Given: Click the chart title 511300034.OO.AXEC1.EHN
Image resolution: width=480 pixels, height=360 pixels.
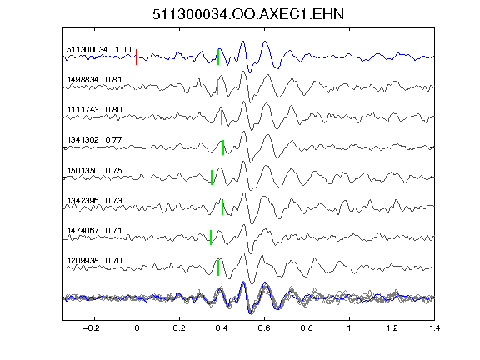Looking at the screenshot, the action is point(248,14).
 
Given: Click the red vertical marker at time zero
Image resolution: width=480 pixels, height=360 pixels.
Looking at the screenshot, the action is point(137,57).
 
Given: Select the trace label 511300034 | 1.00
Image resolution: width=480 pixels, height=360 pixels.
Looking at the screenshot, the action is point(99,50).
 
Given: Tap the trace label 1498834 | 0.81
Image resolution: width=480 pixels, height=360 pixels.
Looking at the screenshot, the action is point(94,80).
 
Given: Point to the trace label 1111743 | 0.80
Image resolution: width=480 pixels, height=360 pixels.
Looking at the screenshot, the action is point(94,110).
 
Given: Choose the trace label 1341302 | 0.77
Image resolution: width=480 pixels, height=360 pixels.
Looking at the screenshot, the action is point(94,140).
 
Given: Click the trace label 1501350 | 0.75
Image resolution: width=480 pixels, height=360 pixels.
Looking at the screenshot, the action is point(94,170).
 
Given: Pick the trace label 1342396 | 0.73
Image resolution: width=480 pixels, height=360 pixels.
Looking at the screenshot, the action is point(94,200).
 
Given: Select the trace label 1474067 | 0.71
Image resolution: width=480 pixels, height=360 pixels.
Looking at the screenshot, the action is point(94,230).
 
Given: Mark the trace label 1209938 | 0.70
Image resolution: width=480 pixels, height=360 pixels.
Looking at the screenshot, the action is point(94,261).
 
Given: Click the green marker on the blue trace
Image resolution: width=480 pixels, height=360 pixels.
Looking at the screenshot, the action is point(218,57).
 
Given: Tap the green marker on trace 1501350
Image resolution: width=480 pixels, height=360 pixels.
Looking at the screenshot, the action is point(212,177).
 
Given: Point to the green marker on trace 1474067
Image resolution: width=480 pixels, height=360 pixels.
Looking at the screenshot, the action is point(211,237).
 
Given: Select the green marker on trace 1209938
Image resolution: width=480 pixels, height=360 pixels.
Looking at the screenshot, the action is point(218,267).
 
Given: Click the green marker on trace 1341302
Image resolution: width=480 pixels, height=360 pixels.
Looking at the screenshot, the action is point(223,147).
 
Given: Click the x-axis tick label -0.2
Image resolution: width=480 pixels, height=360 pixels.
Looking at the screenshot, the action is point(92,328).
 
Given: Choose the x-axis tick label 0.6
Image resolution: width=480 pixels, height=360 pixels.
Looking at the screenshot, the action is point(264,328).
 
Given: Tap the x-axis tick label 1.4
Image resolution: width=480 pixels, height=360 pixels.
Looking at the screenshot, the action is point(434,328).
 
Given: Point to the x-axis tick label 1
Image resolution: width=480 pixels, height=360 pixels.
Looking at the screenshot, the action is point(349,328).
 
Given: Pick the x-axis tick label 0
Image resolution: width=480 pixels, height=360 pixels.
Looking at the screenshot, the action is point(137,328).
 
